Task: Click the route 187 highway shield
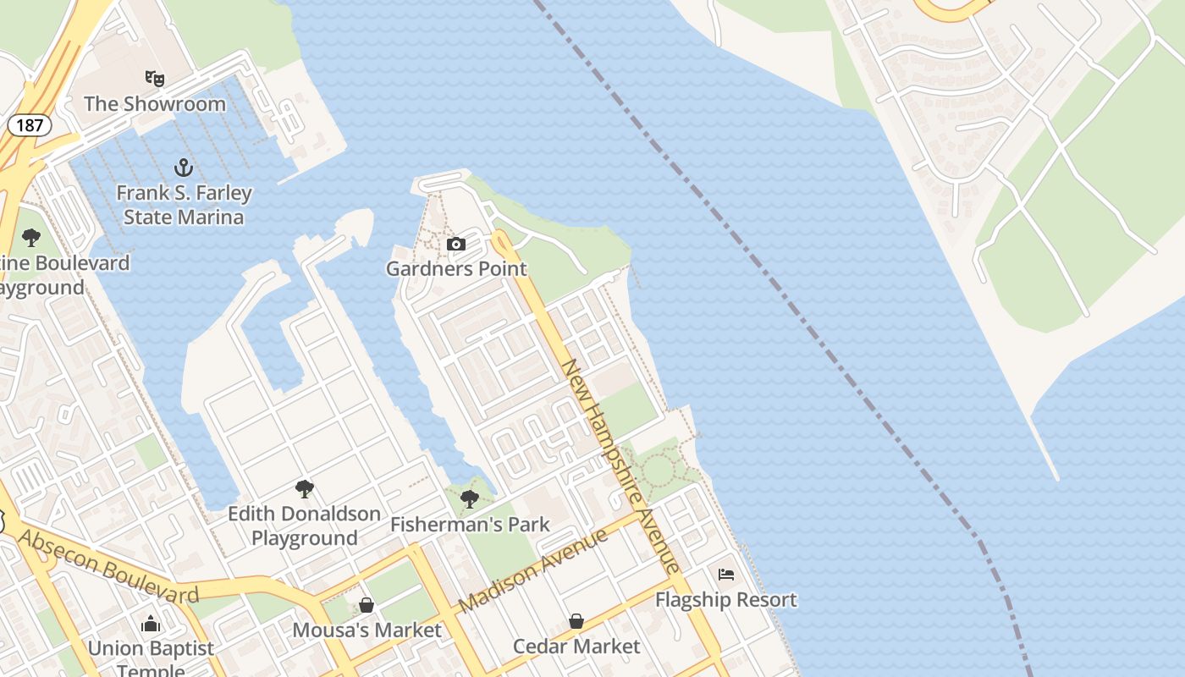(30, 125)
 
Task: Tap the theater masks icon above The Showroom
(154, 79)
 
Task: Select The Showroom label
(155, 104)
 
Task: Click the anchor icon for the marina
(184, 167)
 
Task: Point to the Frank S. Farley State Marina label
(184, 205)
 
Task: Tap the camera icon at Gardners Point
(456, 245)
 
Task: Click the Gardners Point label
(456, 269)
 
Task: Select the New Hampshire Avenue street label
(620, 466)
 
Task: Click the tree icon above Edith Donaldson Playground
(305, 488)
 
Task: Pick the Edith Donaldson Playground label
(304, 526)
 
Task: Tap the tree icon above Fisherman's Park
(470, 499)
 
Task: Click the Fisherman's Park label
(470, 525)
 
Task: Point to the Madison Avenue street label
(533, 571)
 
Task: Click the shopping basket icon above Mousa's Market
(367, 605)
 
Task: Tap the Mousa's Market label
(367, 630)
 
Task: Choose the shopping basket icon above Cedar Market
(576, 621)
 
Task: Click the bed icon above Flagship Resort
(726, 575)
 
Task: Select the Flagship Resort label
(726, 600)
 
